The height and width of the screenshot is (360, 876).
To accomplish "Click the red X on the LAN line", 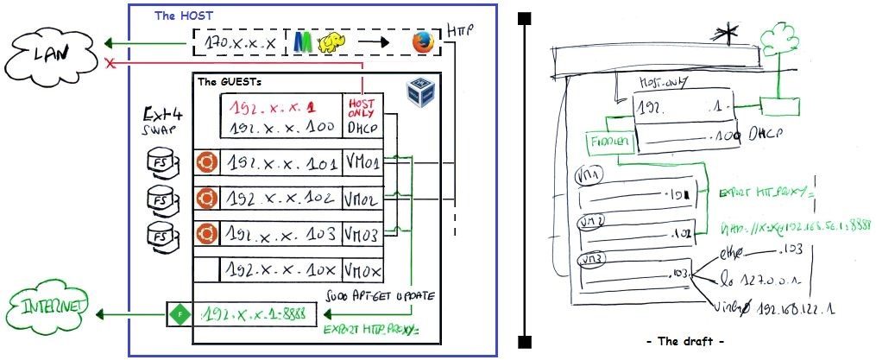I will click(x=110, y=64).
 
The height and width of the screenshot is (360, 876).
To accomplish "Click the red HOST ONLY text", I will click(x=362, y=107).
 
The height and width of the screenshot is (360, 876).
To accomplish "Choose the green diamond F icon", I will click(x=176, y=313).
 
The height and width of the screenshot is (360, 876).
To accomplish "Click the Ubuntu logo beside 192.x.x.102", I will click(x=205, y=198).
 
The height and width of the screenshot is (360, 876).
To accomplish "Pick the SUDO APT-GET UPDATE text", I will click(x=378, y=296).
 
